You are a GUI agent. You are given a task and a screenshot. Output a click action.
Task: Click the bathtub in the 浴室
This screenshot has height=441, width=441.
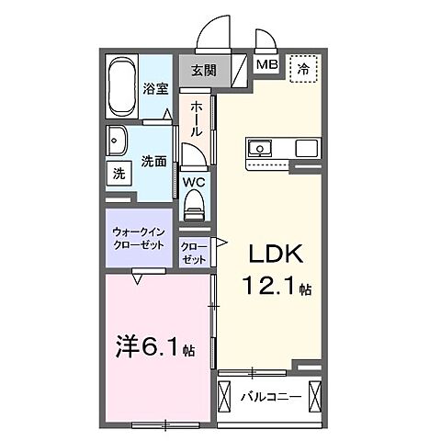122,86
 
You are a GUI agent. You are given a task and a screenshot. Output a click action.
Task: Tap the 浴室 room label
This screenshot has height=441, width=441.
156,88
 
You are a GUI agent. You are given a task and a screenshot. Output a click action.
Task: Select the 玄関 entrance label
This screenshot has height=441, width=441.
204,71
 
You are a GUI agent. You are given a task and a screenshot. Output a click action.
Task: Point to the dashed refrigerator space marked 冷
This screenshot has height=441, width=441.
303,68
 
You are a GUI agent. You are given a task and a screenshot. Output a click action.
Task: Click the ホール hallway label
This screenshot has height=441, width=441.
197,119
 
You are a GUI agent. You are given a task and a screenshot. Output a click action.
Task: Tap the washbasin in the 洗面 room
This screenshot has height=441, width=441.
117,141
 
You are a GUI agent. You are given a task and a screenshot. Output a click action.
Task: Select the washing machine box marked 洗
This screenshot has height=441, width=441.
119,174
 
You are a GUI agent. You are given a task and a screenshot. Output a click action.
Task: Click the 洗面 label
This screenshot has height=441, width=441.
153,162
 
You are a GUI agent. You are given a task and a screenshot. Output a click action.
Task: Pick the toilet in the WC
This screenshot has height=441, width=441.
194,205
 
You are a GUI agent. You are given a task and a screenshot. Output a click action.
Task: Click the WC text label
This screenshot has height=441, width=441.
194,182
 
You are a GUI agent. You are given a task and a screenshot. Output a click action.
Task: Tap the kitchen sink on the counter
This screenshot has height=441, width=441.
260,149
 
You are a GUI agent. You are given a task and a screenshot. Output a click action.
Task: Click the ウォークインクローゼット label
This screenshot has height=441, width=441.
139,239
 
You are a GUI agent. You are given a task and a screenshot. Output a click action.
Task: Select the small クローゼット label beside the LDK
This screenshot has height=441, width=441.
194,254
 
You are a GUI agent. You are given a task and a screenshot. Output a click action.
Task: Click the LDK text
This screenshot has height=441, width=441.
277,254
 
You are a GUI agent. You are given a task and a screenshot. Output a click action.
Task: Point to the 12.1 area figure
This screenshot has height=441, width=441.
269,287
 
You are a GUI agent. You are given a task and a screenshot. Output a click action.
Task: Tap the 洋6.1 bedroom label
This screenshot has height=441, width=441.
154,348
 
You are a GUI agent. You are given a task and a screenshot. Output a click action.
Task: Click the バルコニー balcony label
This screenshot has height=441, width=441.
271,398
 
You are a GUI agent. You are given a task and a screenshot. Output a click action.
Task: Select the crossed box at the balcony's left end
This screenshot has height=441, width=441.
223,398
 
